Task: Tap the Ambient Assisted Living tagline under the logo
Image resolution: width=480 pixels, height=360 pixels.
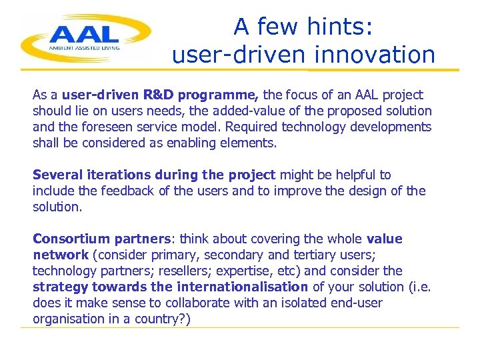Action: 83,48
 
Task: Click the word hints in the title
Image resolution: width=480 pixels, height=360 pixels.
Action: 342,27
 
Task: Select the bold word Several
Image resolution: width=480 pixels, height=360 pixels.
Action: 58,175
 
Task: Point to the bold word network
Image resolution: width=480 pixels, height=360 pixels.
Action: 61,255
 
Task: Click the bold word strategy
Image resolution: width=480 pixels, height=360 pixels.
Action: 60,287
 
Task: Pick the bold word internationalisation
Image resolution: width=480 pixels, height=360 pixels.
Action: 241,287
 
